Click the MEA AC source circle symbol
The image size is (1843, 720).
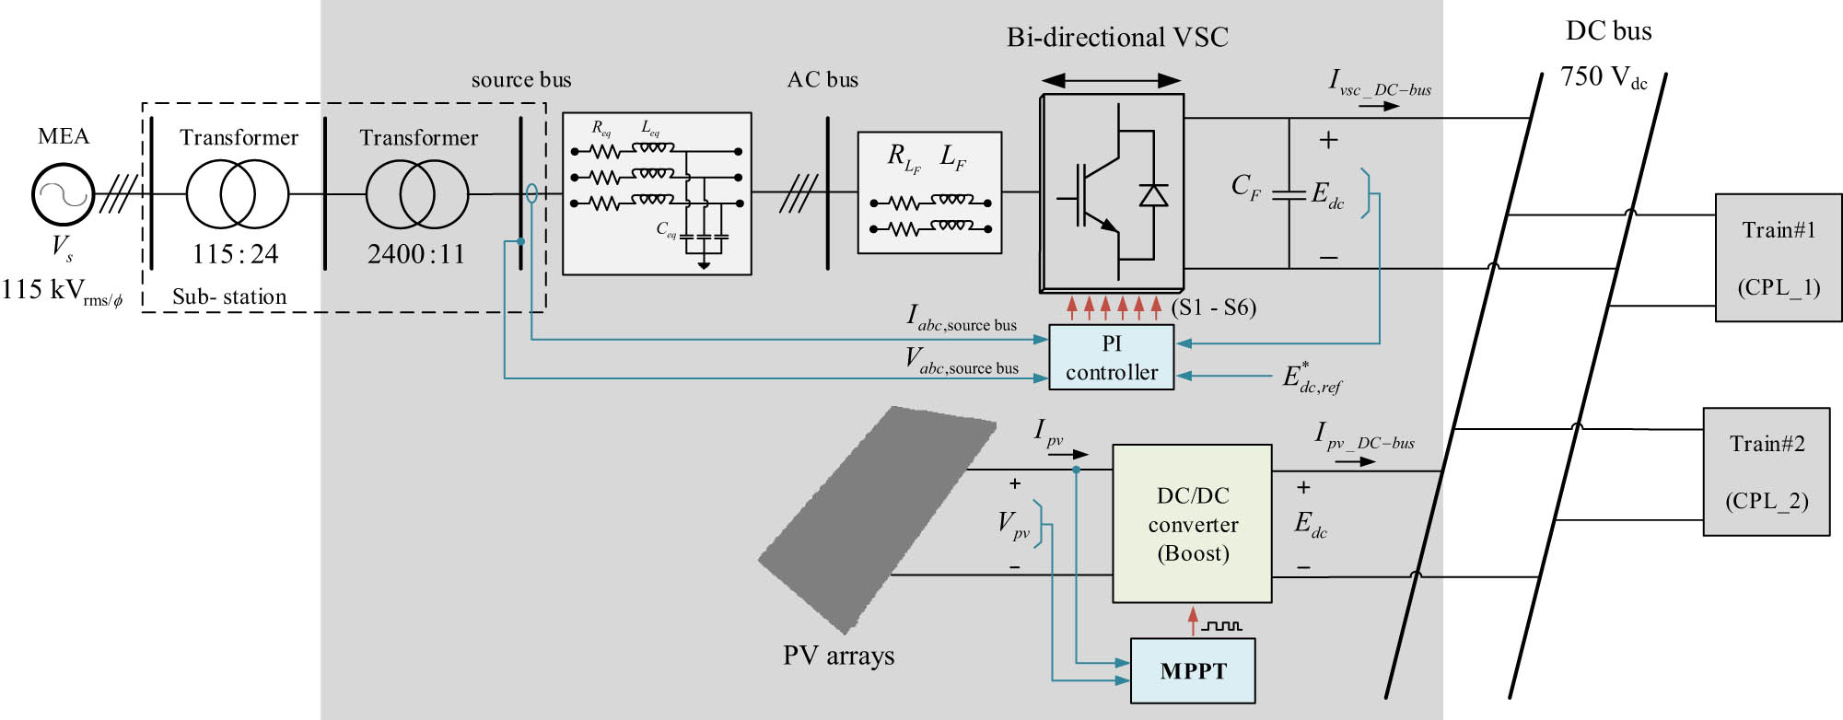coord(63,194)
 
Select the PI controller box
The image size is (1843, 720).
coord(1111,357)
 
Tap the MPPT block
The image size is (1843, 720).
coord(1193,670)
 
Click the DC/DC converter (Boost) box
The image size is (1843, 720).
coord(1192,523)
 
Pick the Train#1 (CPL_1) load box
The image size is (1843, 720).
coord(1778,258)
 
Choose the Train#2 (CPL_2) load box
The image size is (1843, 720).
coord(1766,471)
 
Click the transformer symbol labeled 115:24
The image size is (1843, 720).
coord(237,194)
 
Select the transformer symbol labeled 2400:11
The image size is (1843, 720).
coord(417,194)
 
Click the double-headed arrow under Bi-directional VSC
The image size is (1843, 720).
coord(1111,80)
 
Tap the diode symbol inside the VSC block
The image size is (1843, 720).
coord(1153,195)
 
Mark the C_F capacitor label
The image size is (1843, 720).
coord(1245,188)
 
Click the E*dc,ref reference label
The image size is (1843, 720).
coord(1312,377)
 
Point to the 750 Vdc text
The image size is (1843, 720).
coord(1603,76)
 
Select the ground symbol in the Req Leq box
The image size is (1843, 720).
coord(704,265)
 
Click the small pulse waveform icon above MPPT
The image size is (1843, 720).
coord(1222,626)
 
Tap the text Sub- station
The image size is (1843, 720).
coord(229,296)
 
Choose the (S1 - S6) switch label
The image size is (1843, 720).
coord(1214,308)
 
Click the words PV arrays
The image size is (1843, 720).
coord(838,656)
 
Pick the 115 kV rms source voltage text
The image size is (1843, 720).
coord(62,291)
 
